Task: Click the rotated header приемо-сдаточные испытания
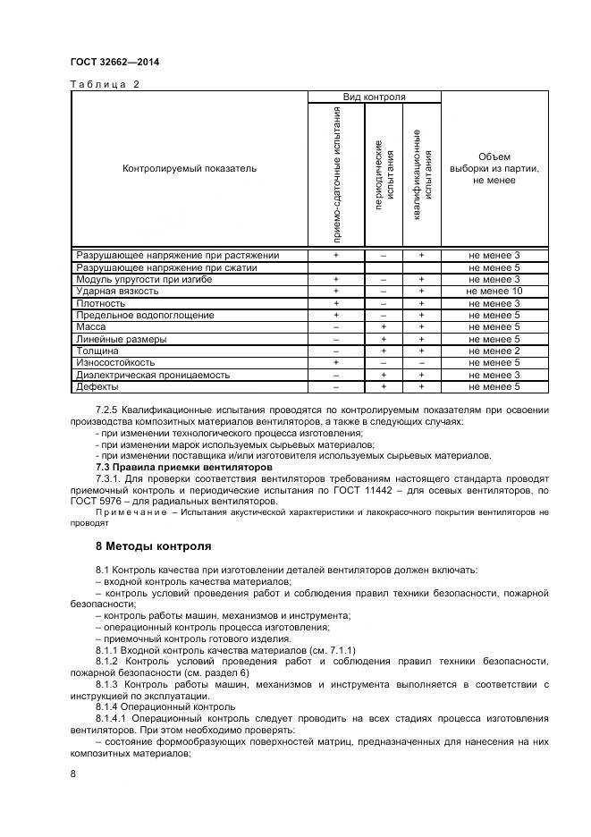tap(336, 173)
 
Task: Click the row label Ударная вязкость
tap(117, 292)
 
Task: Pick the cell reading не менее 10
tap(494, 292)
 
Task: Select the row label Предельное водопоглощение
tap(145, 316)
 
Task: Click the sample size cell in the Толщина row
tap(494, 351)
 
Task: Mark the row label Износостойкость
tap(115, 363)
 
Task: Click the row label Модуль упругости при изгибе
tap(134, 280)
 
